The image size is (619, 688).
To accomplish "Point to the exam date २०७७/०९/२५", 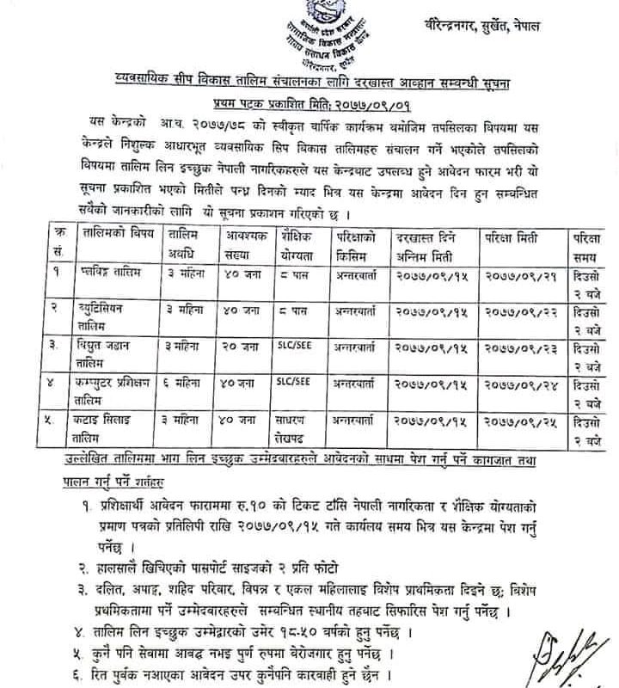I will click(x=508, y=421).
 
